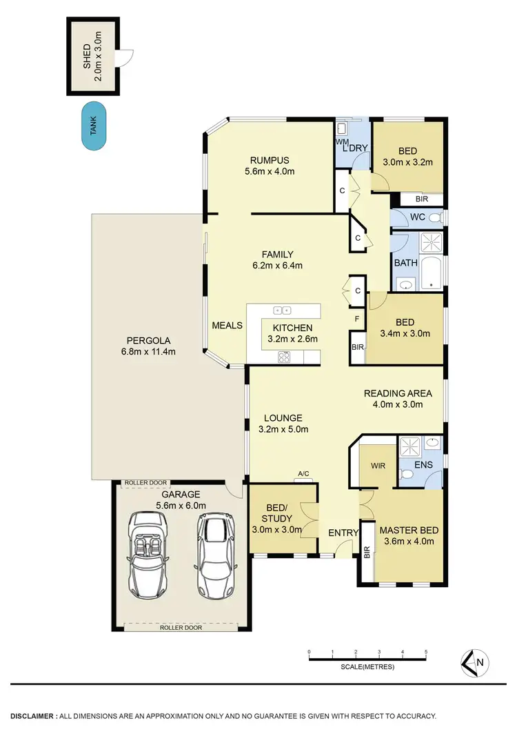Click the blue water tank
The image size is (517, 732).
pyautogui.click(x=94, y=127)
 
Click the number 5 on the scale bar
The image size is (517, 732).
pyautogui.click(x=426, y=652)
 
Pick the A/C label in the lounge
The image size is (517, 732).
pyautogui.click(x=303, y=473)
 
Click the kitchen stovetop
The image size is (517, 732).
pyautogui.click(x=283, y=357)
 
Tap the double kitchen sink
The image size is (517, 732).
pyautogui.click(x=283, y=310)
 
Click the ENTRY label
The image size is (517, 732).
pyautogui.click(x=342, y=532)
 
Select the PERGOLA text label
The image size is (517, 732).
pyautogui.click(x=148, y=340)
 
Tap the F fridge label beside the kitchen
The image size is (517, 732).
pyautogui.click(x=356, y=319)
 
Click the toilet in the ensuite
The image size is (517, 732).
pyautogui.click(x=407, y=473)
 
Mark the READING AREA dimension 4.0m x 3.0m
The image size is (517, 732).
pyautogui.click(x=403, y=405)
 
